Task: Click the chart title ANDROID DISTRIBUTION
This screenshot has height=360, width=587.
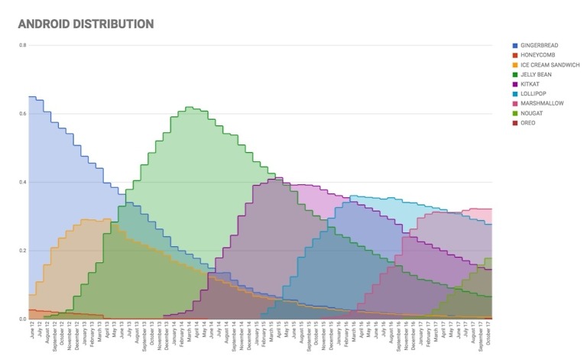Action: [85, 24]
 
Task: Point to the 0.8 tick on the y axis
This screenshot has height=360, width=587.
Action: [22, 45]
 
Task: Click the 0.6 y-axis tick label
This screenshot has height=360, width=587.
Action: [22, 114]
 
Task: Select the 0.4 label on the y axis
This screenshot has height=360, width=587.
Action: [22, 182]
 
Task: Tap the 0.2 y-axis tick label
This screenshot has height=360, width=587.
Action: [22, 251]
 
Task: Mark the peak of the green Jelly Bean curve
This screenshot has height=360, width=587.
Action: [190, 108]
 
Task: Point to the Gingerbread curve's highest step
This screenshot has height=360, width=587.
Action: [32, 97]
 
